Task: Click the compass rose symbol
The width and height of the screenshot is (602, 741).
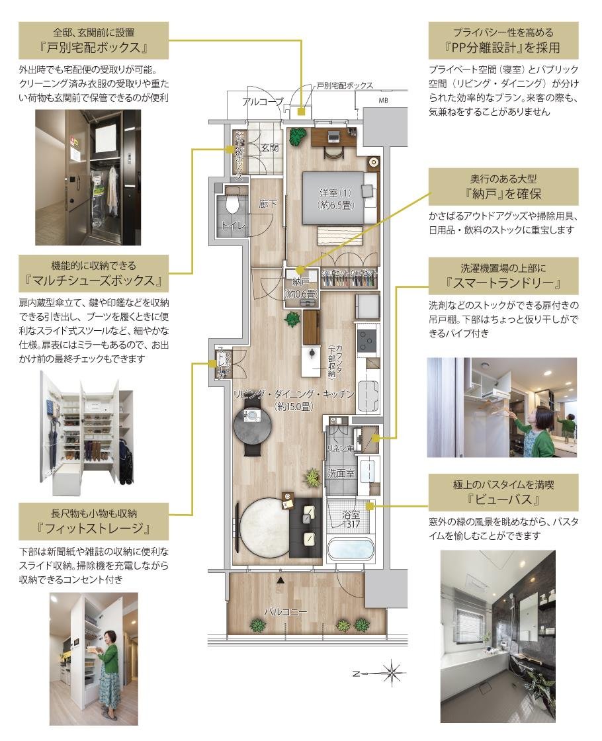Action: click(393, 673)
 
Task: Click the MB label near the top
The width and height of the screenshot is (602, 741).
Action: click(383, 101)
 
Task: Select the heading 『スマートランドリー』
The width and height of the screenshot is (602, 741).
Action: click(503, 284)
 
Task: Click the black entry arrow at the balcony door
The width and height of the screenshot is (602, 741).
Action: click(282, 580)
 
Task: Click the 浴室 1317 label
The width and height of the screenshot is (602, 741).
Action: click(351, 518)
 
